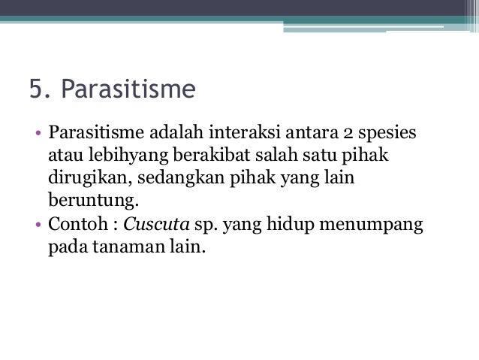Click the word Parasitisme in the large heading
point(128,90)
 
